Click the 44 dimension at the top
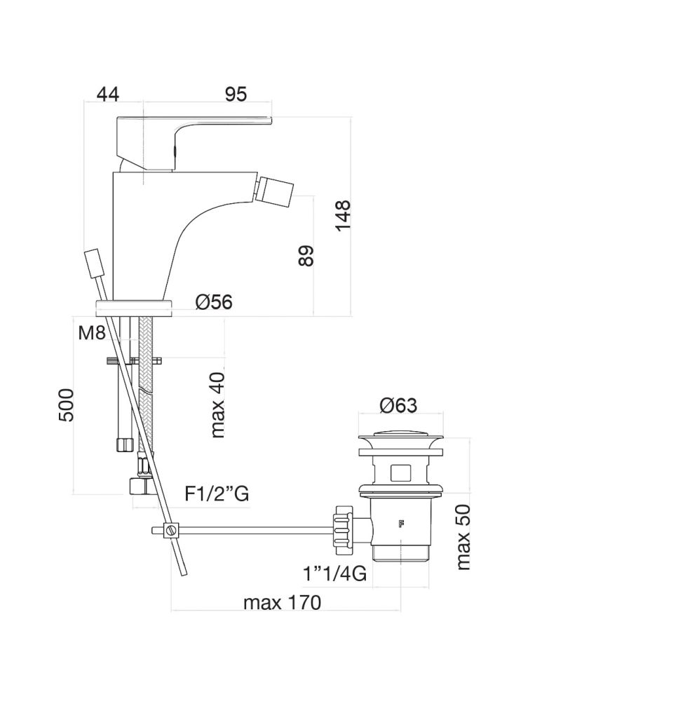pos(108,95)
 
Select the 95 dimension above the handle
pos(236,95)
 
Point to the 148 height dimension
pos(344,216)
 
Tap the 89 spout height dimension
pos(306,256)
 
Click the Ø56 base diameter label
pos(214,302)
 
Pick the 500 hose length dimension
pos(66,405)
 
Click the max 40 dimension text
pos(217,404)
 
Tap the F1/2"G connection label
pos(217,494)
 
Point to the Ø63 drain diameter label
pos(398,405)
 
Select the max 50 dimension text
pos(463,538)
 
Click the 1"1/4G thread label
pos(335,573)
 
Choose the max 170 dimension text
pos(282,603)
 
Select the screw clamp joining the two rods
pos(170,530)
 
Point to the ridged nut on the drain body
pos(343,526)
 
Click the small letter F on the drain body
pos(400,524)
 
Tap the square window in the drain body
pos(400,473)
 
